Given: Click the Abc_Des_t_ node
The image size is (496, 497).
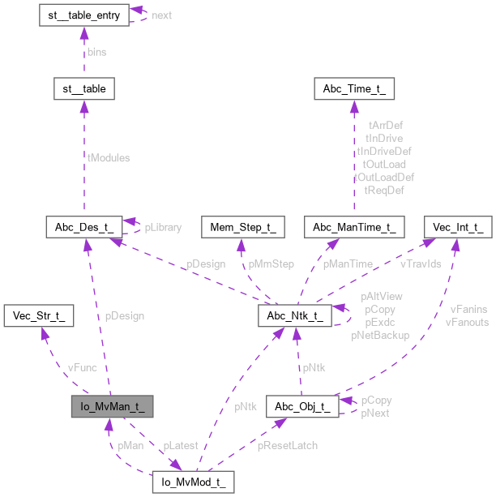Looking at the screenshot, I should coord(87,228).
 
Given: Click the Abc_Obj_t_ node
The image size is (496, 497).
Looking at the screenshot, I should coord(306,406).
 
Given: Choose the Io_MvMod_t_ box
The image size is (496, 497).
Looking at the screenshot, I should coord(194,481).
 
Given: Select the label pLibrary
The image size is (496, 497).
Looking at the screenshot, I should coord(163,228).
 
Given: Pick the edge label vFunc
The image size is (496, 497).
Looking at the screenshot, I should coord(82,367).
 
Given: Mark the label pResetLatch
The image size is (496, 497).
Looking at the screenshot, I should coord(288,445).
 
